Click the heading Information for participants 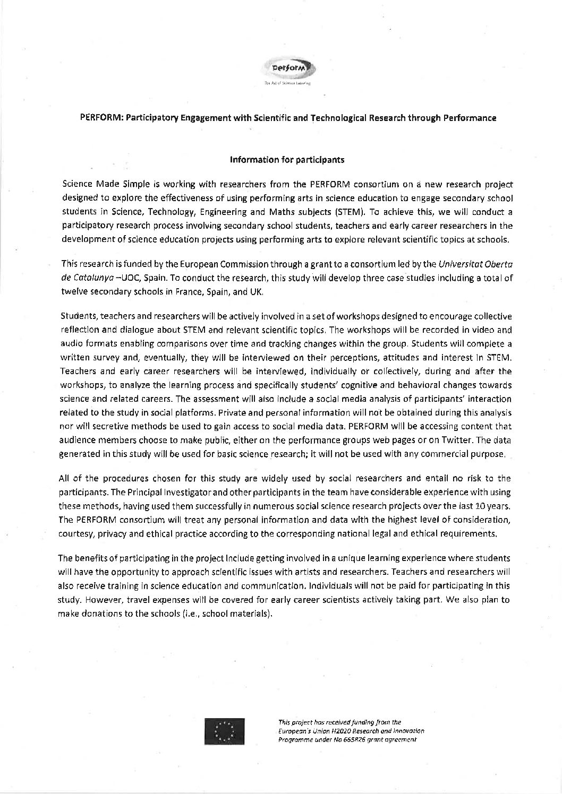click(287, 159)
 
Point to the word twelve click(73, 291)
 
